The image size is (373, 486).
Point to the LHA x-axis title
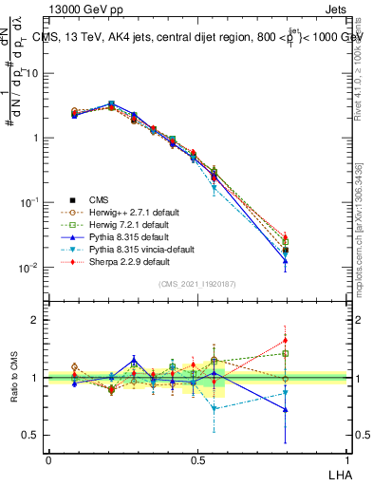tap(339, 474)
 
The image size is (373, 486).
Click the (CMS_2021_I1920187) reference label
tap(196, 284)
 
